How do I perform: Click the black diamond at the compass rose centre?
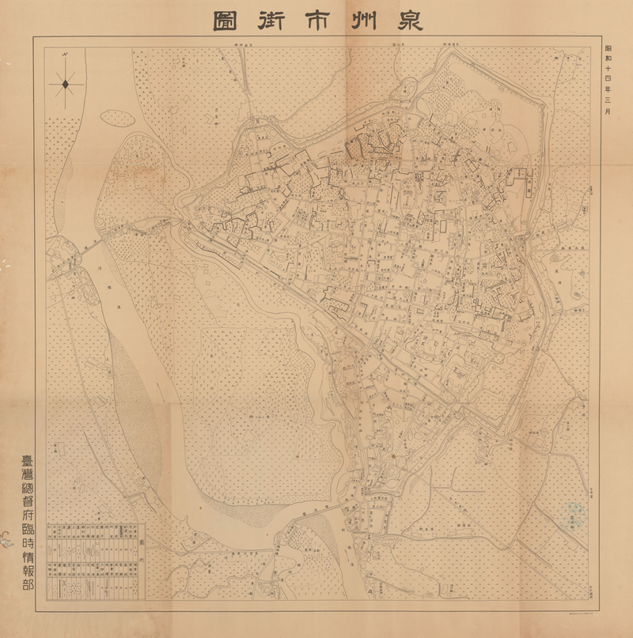pos(66,82)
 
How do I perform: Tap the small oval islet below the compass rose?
pos(116,118)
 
